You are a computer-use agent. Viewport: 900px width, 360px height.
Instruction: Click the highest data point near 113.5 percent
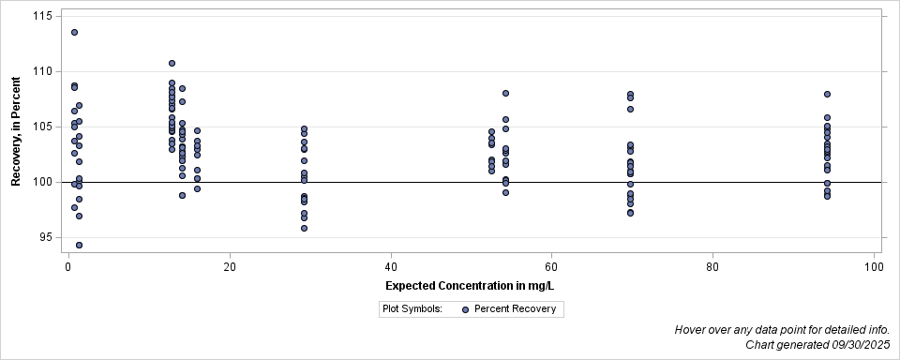tap(74, 32)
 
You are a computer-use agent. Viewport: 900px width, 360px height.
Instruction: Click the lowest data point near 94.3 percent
tap(79, 245)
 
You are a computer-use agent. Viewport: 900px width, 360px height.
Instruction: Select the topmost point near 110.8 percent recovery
tap(172, 63)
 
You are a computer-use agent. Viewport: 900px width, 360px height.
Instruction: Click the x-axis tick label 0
tap(68, 267)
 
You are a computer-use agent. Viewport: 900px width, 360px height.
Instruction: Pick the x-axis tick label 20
tap(230, 267)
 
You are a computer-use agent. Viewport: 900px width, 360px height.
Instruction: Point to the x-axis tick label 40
tap(391, 267)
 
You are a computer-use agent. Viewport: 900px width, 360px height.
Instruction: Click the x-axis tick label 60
tap(552, 267)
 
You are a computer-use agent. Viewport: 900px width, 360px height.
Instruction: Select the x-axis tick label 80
tap(712, 267)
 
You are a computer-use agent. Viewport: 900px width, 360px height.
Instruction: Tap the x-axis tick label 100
tap(874, 267)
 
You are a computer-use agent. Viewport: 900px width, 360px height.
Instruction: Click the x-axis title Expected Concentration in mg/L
tap(472, 285)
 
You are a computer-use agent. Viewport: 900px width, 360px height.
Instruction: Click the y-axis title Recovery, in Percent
tap(16, 133)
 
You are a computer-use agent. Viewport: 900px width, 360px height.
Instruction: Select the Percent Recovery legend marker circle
tap(466, 308)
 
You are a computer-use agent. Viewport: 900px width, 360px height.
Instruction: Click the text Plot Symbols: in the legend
tap(412, 308)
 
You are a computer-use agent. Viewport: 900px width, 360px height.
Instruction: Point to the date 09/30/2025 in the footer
tap(850, 346)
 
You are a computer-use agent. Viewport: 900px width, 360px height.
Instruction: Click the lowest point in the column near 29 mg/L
tap(304, 228)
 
